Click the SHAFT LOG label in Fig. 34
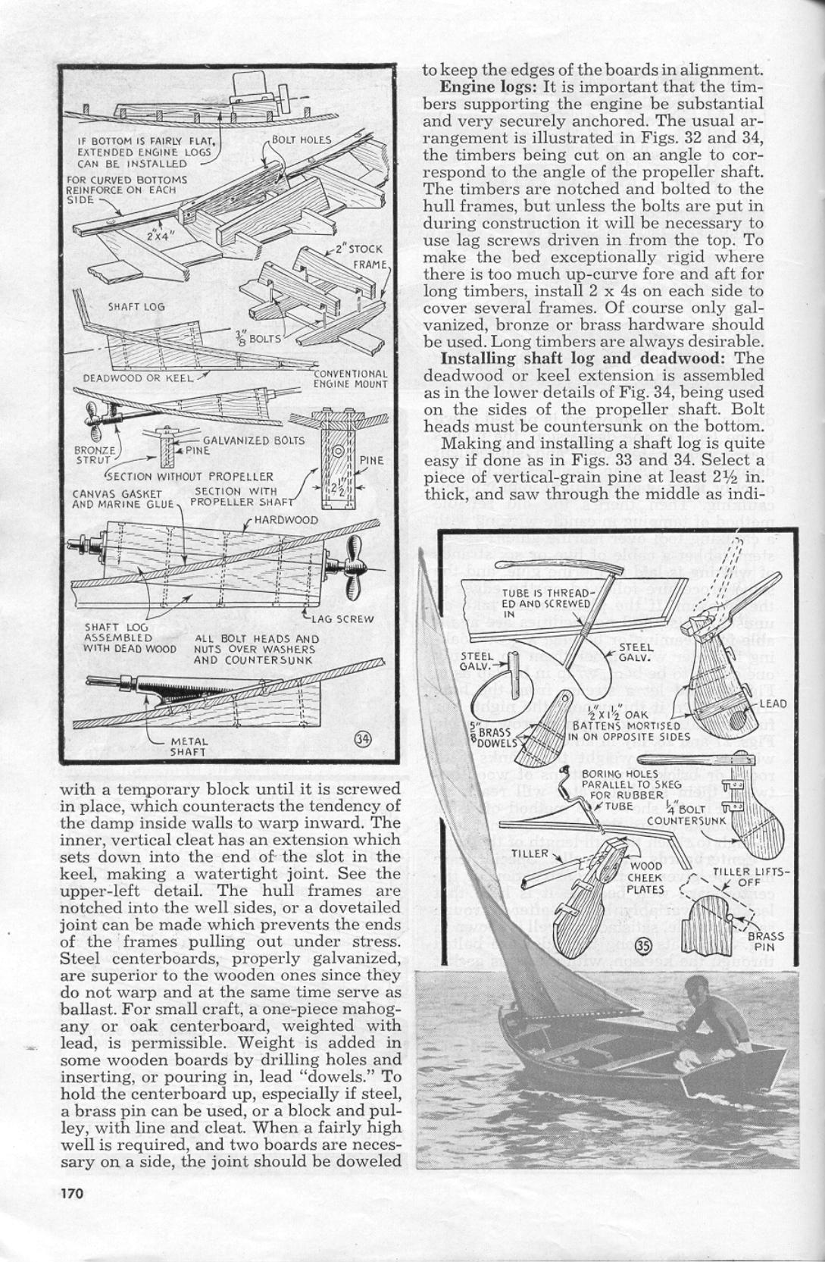point(136,307)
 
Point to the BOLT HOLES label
point(303,140)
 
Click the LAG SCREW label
point(349,618)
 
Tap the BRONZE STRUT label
point(94,454)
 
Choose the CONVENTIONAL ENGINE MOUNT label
point(350,378)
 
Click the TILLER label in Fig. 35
point(528,853)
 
